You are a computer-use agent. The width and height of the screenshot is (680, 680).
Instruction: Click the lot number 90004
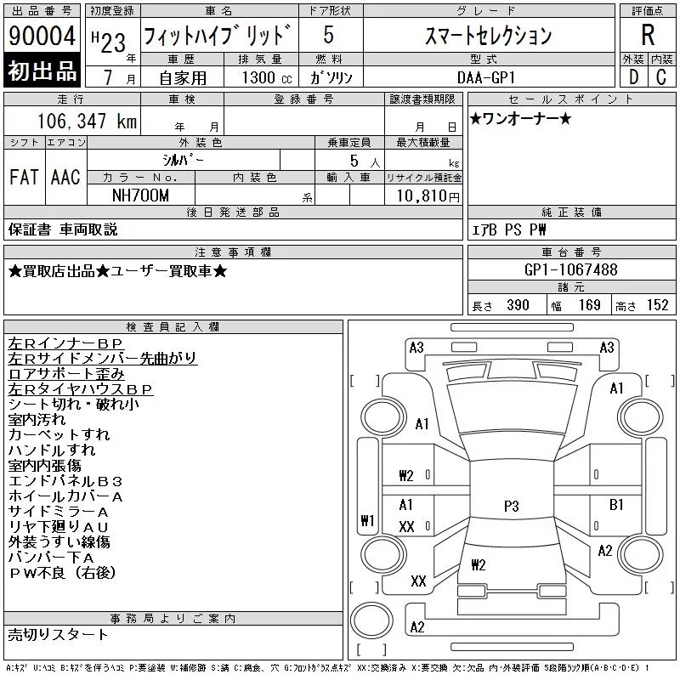pos(42,36)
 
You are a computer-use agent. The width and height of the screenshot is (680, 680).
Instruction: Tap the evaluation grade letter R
pos(648,35)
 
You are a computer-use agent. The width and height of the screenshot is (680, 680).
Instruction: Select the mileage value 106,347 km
pos(87,121)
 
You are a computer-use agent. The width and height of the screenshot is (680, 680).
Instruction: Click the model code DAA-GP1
pos(486,77)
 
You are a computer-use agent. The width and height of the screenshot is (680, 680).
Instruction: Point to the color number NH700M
pos(140,195)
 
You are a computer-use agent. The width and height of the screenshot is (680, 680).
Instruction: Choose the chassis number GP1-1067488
pos(570,269)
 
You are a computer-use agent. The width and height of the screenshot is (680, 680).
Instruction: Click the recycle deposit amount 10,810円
pos(428,196)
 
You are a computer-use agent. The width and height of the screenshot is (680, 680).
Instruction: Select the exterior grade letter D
pos(633,77)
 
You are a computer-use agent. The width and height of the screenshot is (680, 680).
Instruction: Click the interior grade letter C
pos(661,77)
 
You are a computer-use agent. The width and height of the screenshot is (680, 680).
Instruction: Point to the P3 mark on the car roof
pos(512,506)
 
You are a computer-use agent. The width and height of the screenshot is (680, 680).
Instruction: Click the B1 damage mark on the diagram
pos(616,504)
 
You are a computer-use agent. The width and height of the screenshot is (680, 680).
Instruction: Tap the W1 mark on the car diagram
pos(368,520)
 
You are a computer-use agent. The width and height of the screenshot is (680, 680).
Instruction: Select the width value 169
pos(589,305)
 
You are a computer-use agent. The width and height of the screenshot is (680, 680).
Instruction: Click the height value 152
pos(657,305)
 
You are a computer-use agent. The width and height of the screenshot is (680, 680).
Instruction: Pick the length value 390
pos(518,305)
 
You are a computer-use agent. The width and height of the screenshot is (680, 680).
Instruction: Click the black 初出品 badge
pos(42,71)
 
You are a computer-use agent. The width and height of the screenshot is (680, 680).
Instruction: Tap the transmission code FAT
pos(24,177)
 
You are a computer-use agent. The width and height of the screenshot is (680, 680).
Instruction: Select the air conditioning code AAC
pos(65,177)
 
